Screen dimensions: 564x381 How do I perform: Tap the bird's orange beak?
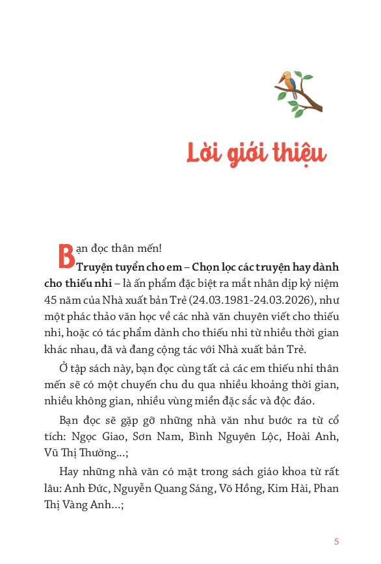coord(280,76)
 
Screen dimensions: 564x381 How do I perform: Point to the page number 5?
coord(336,523)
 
